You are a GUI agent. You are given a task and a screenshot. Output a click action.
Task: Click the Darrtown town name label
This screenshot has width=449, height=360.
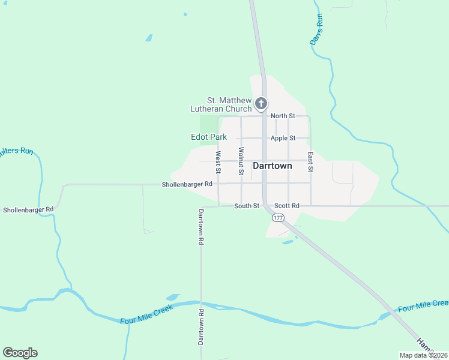(x=273, y=166)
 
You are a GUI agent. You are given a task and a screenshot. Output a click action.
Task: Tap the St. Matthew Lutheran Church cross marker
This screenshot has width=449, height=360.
(x=261, y=104)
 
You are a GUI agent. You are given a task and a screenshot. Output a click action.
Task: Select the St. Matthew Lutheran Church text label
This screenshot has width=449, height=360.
(x=221, y=104)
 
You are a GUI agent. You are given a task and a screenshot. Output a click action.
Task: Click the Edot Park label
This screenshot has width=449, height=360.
(x=208, y=137)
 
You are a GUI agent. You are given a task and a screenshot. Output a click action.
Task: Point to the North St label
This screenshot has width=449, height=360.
(x=283, y=116)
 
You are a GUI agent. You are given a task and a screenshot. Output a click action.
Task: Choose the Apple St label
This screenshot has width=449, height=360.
(x=283, y=138)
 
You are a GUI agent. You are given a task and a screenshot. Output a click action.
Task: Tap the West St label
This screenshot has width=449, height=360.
(x=218, y=162)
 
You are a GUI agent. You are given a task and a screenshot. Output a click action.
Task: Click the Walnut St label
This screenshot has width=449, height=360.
(x=241, y=161)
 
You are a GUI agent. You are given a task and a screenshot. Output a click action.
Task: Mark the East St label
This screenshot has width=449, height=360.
(x=310, y=161)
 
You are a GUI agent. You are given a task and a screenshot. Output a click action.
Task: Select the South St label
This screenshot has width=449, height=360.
(x=246, y=206)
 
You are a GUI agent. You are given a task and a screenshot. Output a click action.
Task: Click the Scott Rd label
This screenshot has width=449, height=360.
(x=286, y=206)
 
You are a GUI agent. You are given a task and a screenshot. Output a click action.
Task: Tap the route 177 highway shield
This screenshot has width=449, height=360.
(x=277, y=218)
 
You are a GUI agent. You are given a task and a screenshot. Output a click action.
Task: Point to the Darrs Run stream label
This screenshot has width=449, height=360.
(x=316, y=28)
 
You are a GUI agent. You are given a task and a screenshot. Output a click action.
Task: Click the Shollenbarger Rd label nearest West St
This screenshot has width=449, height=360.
(x=187, y=184)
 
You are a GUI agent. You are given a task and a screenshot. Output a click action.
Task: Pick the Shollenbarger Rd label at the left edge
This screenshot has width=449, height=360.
(x=28, y=210)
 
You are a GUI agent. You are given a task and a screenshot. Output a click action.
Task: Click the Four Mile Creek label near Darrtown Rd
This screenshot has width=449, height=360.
(x=146, y=314)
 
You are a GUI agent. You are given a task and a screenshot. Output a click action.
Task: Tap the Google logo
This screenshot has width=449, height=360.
(x=20, y=353)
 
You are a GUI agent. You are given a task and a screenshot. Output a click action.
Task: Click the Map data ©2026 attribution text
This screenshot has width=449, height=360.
(x=424, y=355)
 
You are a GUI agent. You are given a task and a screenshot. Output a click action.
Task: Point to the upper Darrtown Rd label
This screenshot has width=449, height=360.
(x=201, y=227)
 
